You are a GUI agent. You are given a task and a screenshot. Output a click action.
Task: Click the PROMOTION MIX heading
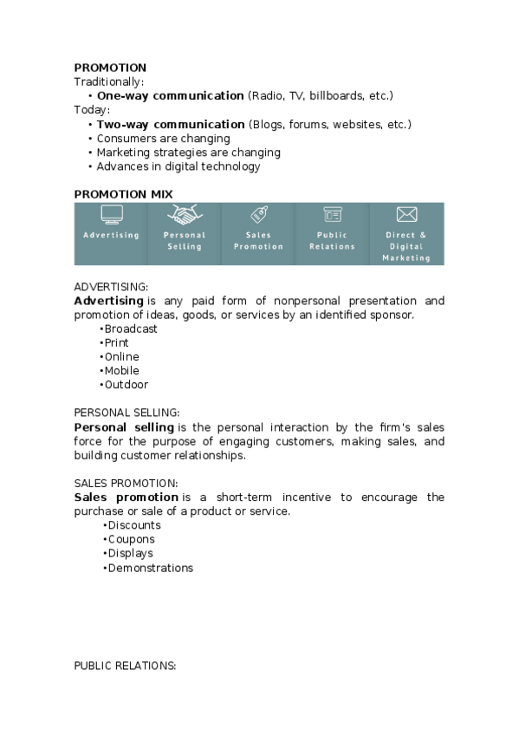[123, 193]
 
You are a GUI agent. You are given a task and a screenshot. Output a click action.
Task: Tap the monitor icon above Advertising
[111, 214]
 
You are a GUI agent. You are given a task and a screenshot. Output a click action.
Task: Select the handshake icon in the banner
[184, 214]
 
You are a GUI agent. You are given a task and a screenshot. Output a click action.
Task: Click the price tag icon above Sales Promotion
[258, 214]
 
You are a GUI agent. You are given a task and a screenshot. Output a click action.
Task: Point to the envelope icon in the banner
[406, 214]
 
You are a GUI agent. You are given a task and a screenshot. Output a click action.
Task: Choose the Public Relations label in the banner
[332, 240]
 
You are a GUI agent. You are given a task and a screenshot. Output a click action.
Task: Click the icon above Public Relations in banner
[332, 214]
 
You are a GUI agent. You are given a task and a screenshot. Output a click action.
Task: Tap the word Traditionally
[108, 81]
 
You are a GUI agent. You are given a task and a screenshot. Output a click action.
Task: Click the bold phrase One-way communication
[170, 95]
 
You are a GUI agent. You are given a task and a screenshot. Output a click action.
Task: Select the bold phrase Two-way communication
[171, 124]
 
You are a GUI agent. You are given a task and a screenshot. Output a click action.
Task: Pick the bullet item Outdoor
[127, 385]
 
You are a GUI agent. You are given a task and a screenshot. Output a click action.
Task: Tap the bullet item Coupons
[131, 539]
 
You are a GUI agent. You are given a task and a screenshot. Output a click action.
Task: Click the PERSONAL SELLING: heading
[127, 413]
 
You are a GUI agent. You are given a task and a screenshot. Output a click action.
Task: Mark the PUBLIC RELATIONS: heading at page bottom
[125, 666]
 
